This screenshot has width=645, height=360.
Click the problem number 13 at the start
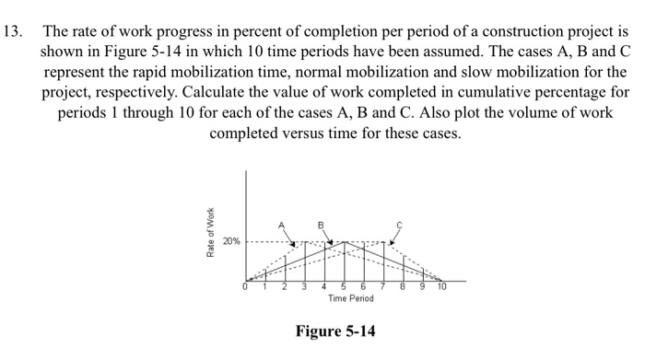coord(14,29)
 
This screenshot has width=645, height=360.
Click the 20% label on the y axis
coord(230,241)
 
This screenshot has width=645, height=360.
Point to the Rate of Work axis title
coord(211,229)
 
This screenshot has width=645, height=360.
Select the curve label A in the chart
coord(282,224)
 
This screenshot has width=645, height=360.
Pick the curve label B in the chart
coord(322,224)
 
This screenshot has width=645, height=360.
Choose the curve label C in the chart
coord(400,224)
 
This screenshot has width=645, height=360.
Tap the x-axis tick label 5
coord(344,287)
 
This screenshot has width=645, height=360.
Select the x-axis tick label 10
coord(442,287)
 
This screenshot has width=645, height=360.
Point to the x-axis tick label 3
coord(305,287)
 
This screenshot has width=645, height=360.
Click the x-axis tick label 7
coord(382,287)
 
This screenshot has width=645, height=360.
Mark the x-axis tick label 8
coord(402,287)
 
